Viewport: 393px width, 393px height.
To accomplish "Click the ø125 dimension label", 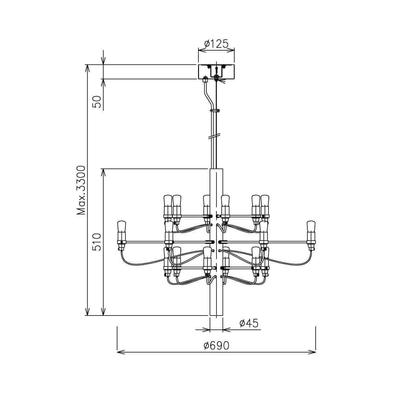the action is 216,44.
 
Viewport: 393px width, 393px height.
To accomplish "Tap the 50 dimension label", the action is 97,102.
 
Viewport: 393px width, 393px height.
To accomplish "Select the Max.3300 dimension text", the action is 81,190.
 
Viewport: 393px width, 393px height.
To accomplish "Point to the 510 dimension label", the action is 97,242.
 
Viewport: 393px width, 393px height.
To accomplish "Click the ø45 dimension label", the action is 249,323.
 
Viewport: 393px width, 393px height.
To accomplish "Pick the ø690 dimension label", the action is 216,346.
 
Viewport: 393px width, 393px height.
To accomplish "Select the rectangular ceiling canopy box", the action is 216,72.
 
